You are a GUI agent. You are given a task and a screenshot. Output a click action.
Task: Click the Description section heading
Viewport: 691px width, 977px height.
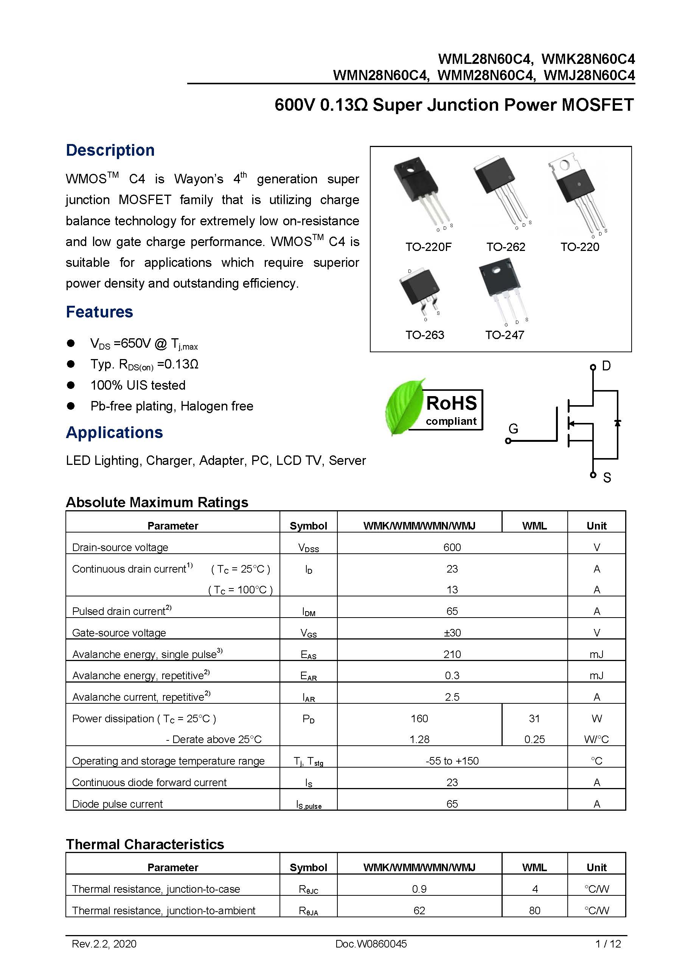(110, 150)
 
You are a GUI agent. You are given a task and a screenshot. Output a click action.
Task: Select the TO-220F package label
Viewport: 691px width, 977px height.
(428, 247)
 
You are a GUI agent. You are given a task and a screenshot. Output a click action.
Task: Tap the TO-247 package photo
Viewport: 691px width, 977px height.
(502, 290)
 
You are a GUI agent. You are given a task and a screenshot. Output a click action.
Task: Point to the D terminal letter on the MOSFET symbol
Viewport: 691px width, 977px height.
(606, 366)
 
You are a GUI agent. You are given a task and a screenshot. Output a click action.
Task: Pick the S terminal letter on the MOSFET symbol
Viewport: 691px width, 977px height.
(607, 478)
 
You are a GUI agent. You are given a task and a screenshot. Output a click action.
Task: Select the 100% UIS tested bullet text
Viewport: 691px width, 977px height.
(138, 385)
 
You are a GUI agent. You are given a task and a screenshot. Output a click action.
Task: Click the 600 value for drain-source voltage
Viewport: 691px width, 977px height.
(452, 547)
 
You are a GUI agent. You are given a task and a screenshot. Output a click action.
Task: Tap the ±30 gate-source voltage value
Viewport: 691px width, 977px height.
(452, 633)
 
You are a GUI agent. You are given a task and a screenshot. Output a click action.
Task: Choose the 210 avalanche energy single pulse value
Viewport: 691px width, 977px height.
(452, 654)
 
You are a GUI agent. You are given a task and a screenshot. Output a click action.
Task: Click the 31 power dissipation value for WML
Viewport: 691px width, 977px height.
(534, 718)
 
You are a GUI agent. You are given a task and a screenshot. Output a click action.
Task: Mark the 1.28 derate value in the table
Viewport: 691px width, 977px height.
(419, 739)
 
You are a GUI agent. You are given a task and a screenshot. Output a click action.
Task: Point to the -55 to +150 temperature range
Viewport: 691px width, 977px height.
(452, 761)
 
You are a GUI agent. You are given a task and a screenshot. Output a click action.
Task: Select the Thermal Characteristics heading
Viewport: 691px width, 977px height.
(145, 844)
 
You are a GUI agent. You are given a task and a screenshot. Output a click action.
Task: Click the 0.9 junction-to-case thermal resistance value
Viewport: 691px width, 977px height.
(419, 889)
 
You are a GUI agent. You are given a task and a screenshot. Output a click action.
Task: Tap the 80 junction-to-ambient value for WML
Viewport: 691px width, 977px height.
(534, 910)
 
